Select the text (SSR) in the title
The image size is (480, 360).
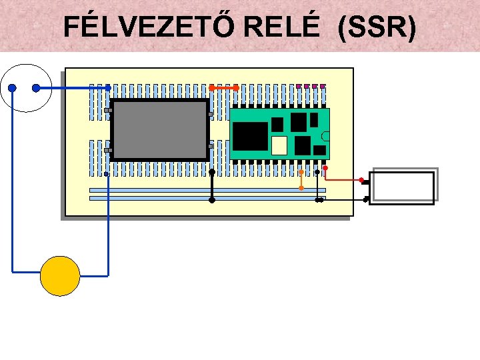pos(377,27)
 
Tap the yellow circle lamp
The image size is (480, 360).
pos(60,275)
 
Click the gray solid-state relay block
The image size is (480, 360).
pos(160,130)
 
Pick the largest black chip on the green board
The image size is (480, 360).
pos(251,135)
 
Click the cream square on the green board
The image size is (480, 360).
pos(280,145)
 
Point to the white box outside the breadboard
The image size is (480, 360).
pos(403,186)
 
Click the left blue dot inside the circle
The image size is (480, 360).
pos(12,88)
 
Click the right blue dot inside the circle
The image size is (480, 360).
pos(36,88)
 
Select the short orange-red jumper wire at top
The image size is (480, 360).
pos(224,87)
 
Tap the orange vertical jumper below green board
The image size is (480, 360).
pos(301,180)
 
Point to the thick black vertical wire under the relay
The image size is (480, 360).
pos(212,185)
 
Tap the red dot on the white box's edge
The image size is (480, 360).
pos(361,180)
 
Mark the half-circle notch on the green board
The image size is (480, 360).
pos(326,136)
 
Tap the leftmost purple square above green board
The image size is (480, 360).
pos(298,86)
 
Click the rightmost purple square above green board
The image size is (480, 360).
pos(323,86)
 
